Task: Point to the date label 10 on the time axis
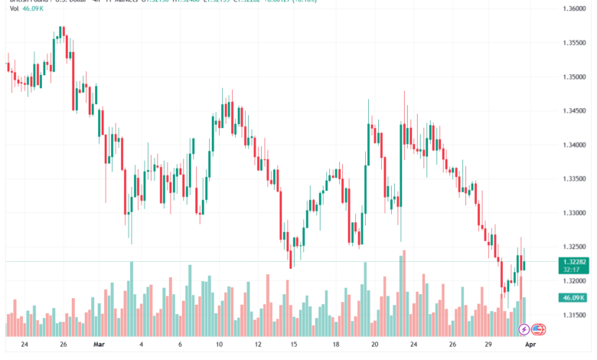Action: tap(219, 345)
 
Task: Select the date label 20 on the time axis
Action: tap(374, 345)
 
